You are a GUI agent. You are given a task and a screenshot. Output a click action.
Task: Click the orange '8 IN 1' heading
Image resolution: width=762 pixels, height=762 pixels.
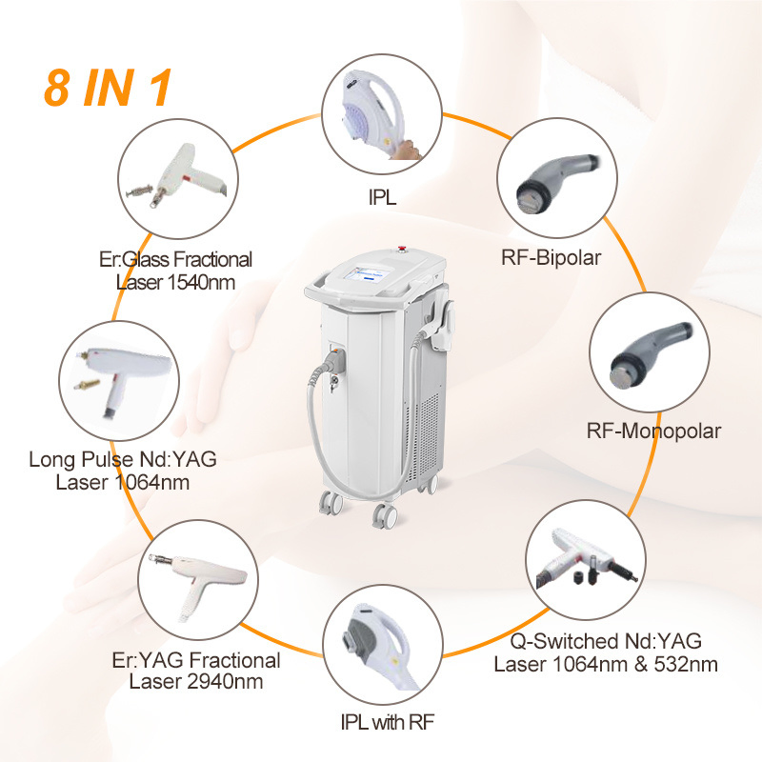click(107, 88)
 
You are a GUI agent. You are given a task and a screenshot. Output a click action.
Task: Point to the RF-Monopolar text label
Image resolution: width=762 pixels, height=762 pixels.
click(652, 431)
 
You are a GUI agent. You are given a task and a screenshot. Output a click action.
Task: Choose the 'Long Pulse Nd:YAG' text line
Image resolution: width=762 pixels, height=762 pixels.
click(123, 460)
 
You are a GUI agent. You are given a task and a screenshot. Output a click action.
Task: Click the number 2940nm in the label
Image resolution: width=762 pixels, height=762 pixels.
click(226, 682)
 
